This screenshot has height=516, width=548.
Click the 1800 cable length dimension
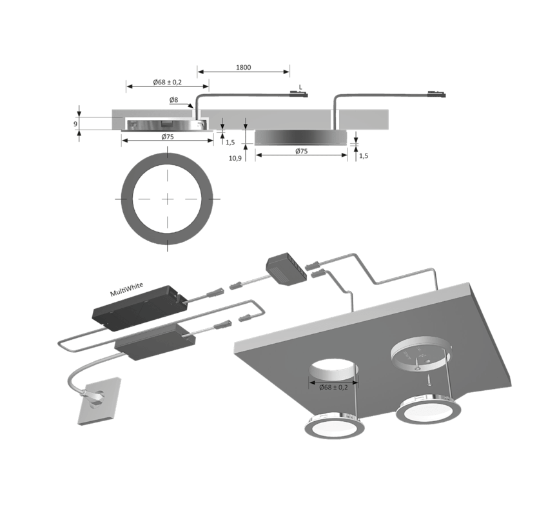tap(243, 67)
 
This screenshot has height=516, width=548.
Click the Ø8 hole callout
tap(173, 100)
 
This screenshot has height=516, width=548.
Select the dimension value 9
tap(75, 124)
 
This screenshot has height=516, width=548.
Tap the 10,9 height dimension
tap(235, 159)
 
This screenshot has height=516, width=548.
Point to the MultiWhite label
tap(126, 290)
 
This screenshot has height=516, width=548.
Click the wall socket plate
tap(99, 401)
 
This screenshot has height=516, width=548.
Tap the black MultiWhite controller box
tap(139, 308)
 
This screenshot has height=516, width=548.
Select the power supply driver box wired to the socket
tap(155, 342)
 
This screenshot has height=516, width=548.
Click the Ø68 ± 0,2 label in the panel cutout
tap(333, 388)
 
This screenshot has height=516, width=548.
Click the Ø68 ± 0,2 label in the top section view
tap(167, 82)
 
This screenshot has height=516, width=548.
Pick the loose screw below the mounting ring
tap(429, 380)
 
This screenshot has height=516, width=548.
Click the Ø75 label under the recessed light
tap(168, 137)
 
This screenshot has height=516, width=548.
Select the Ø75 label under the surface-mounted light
tap(301, 151)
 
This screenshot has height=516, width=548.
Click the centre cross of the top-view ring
tap(168, 199)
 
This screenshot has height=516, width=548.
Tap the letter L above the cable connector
tap(300, 87)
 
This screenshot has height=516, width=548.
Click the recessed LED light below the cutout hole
tap(335, 426)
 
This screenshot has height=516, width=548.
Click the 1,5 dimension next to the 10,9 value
tap(230, 143)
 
